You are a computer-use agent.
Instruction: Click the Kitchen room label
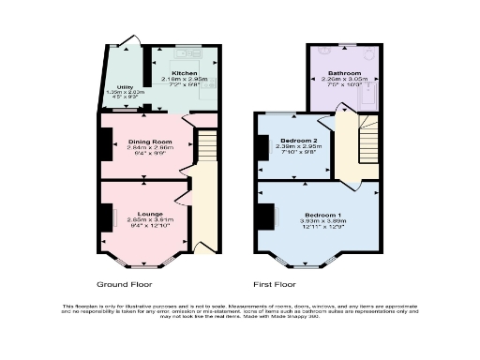pyautogui.click(x=184, y=72)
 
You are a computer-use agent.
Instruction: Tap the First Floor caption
pyautogui.click(x=275, y=282)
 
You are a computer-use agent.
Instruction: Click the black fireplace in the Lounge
pyautogui.click(x=105, y=217)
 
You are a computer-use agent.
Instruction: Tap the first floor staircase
pyautogui.click(x=359, y=141)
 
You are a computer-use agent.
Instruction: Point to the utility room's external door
pyautogui.click(x=125, y=43)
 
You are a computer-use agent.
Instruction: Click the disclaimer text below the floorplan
pyautogui.click(x=240, y=313)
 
